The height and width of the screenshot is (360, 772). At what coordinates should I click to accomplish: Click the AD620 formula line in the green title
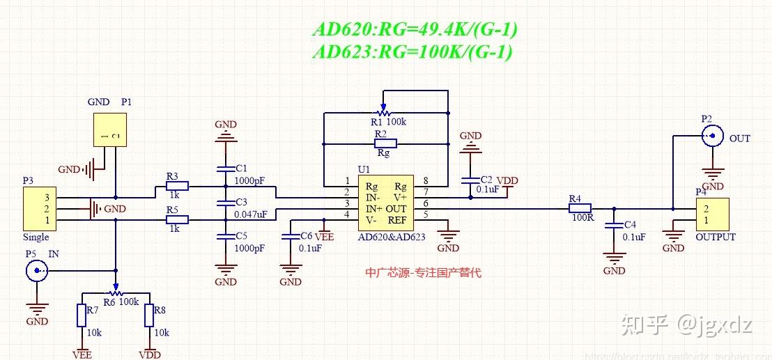[x=415, y=30]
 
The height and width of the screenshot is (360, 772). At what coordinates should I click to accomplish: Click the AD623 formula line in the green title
[x=412, y=52]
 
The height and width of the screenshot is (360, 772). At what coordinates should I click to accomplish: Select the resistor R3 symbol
[x=177, y=186]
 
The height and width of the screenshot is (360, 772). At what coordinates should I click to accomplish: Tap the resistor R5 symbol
[x=177, y=220]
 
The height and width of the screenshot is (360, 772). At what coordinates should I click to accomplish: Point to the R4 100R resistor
[x=580, y=208]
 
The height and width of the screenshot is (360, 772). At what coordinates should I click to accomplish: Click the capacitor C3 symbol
[x=226, y=203]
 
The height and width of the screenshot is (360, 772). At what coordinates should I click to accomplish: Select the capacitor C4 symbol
[x=613, y=226]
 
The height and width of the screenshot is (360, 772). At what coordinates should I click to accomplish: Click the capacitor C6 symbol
[x=290, y=237]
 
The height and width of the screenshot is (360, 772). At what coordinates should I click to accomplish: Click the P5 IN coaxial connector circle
[x=37, y=271]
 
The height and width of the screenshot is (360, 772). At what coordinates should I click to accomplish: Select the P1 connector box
[x=111, y=130]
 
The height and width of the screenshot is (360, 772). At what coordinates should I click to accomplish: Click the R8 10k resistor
[x=149, y=315]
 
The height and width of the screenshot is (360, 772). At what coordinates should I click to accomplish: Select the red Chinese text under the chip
[x=423, y=273]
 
